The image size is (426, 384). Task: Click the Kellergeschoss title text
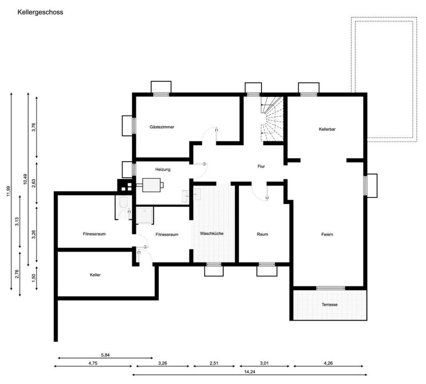coord(40,12)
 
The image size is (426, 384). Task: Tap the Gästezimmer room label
coord(162,127)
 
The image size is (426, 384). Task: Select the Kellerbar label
coord(327,129)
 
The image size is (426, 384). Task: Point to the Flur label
coord(261,166)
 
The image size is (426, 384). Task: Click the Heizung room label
coord(163,169)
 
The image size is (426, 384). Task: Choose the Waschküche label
coord(212,233)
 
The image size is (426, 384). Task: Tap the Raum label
coord(262,234)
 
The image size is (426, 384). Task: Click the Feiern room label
coord(327,235)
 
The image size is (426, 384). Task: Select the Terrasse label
coord(330,305)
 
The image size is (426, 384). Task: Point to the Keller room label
coord(95,275)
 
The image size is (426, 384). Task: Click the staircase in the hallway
coord(272,119)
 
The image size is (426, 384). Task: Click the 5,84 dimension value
coord(106,355)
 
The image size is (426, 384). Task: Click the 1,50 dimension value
coord(34,278)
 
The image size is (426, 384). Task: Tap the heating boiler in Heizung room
coord(152,185)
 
